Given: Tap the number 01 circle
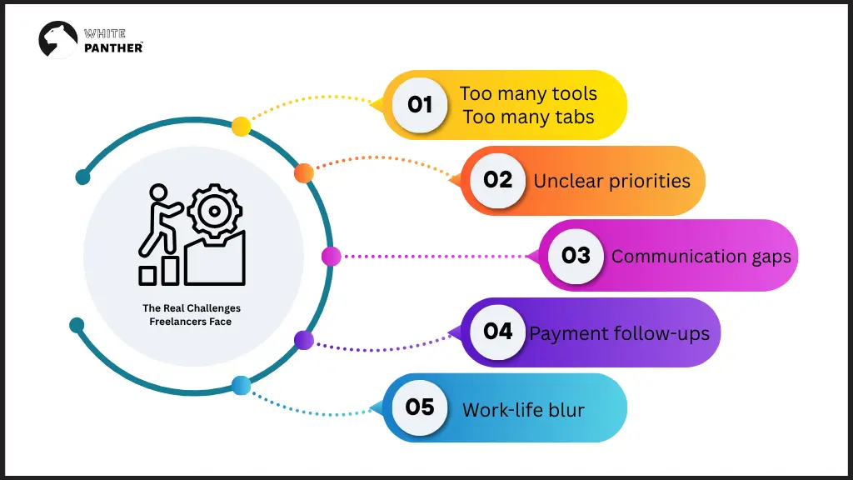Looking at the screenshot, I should tap(420, 105).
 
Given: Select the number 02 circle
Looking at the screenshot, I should tap(498, 180).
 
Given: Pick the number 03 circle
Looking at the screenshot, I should tap(576, 256).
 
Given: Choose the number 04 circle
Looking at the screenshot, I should tap(498, 332).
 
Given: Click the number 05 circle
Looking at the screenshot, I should tap(420, 407).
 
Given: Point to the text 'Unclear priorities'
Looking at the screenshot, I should tap(612, 181).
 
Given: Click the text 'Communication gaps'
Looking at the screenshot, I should tap(701, 257).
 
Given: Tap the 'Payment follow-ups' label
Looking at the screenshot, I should tap(620, 334).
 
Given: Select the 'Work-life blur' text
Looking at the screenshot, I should tap(523, 410).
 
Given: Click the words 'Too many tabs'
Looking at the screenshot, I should tap(528, 117).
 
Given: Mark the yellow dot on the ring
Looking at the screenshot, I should tap(241, 127).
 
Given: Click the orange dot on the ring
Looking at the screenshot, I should tap(304, 173).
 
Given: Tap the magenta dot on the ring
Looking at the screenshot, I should tap(331, 257).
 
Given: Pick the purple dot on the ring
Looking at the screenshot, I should tap(304, 340).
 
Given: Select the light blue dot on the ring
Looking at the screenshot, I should tap(241, 385).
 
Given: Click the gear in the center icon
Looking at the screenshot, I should tap(214, 211).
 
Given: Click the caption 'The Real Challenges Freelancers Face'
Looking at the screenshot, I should tap(192, 315).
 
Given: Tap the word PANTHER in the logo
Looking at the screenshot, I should tap(113, 47).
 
